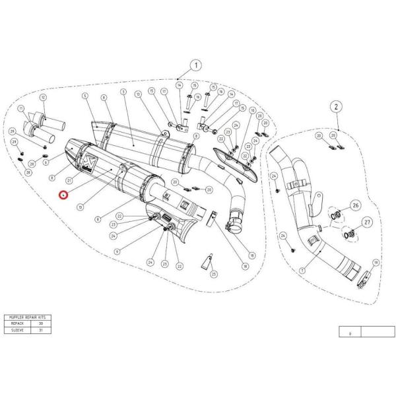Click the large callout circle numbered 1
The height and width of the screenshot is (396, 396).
(x=196, y=65)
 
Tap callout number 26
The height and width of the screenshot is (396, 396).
(x=354, y=205)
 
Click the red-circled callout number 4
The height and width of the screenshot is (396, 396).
(x=63, y=195)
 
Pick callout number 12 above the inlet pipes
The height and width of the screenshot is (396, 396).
(x=44, y=98)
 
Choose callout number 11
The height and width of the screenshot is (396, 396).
(x=22, y=108)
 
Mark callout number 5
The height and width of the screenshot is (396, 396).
(x=85, y=96)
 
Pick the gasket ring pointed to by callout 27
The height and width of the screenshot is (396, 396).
(x=348, y=232)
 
